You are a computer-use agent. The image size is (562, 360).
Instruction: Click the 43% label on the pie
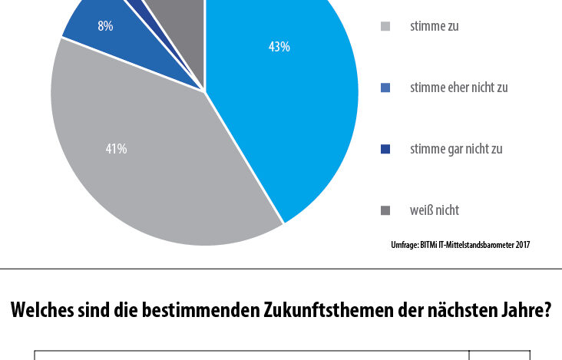[x=279, y=47]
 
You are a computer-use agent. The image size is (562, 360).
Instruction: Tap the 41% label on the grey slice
[x=116, y=149]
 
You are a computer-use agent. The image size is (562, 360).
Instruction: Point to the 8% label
[x=105, y=26]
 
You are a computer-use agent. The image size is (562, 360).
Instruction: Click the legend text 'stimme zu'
[x=434, y=26]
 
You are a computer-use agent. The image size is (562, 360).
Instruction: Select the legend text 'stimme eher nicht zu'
[x=459, y=88]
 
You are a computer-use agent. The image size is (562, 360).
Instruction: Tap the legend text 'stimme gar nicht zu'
[x=456, y=149]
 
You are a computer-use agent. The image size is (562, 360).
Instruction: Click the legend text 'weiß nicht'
[x=435, y=210]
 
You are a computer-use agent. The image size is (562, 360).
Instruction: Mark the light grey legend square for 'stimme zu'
[x=385, y=26]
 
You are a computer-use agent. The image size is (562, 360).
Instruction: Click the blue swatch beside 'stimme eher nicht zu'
[x=385, y=88]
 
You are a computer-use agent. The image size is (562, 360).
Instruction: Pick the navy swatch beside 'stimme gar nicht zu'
[x=385, y=149]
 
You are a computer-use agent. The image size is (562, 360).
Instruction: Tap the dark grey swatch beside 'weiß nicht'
[x=385, y=210]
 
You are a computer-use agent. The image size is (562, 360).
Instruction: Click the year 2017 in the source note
[x=523, y=245]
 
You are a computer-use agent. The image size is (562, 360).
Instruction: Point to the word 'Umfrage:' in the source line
[x=405, y=246]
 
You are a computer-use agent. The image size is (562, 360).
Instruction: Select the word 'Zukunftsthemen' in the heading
[x=329, y=310]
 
